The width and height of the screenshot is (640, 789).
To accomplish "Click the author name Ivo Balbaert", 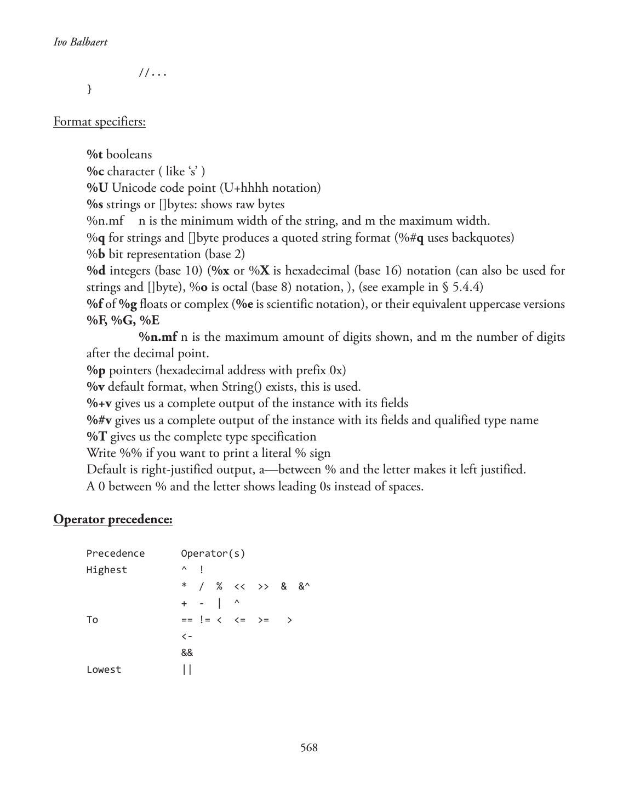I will pos(81,42).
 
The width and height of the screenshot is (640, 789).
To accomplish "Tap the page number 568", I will pos(309,748).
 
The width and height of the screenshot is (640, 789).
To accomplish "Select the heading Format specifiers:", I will pos(99,122).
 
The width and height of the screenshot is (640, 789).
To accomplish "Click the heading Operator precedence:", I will pos(113,519).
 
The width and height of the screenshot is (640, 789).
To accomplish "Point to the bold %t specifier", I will pos(94,155).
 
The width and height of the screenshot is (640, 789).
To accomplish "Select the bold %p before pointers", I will pos(96,370).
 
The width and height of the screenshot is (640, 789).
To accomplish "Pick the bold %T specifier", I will pos(96,437).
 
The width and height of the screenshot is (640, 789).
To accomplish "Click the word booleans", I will pos(129,155).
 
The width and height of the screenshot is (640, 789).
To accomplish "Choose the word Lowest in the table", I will pos(104,670).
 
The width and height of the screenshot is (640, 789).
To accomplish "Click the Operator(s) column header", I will pos(213,553).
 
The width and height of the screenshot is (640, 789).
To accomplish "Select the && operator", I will pos(187,653).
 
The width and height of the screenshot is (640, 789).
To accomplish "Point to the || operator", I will pos(187,670).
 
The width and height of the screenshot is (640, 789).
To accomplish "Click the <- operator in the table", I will pos(187,636).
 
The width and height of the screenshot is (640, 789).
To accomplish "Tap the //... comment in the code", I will pos(152,72).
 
